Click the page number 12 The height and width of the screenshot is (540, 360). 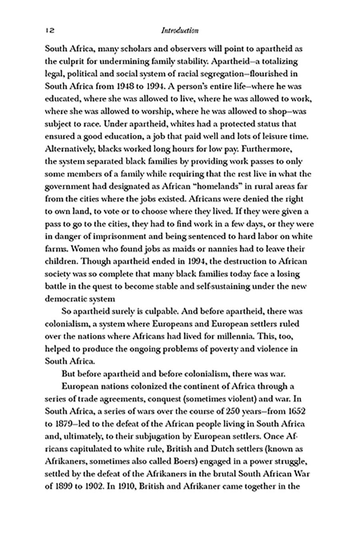click(x=50, y=30)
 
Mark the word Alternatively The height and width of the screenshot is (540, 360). click(x=70, y=148)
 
